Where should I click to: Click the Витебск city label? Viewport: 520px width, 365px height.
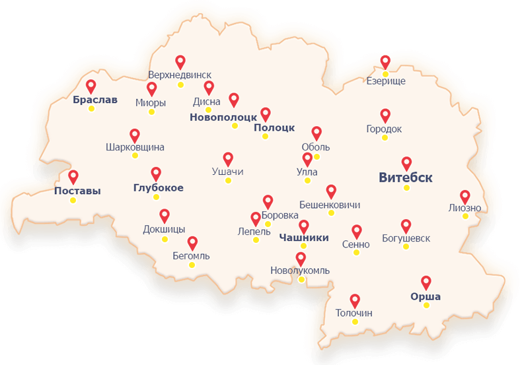(406, 178)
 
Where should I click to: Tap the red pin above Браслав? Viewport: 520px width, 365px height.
(91, 86)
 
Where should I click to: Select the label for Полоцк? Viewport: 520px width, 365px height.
(274, 128)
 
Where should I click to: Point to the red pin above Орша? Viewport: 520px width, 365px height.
(426, 282)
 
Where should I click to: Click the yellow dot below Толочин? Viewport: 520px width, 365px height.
(355, 322)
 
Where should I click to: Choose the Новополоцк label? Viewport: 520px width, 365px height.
(223, 117)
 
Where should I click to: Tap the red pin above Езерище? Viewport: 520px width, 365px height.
(385, 61)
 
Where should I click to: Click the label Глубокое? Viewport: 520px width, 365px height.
(158, 188)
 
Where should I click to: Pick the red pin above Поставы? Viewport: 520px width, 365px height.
(73, 177)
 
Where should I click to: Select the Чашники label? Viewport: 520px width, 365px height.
(304, 238)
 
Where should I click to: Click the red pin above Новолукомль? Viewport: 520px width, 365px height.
(301, 259)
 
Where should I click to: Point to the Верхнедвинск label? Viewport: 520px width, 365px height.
(180, 74)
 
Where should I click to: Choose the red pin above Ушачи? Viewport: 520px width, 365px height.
(228, 158)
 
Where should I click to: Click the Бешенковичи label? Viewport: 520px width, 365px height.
(330, 205)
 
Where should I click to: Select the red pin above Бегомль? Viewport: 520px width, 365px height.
(192, 243)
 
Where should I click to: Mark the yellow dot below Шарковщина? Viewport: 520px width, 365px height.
(135, 156)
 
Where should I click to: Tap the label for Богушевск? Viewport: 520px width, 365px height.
(406, 238)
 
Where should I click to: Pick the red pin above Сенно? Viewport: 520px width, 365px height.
(357, 231)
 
